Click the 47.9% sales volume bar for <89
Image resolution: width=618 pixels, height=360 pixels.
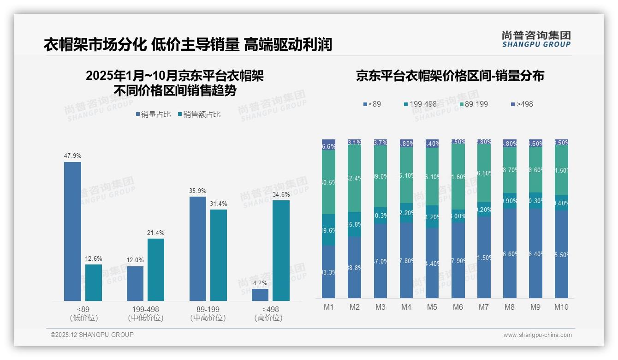tap(72, 231)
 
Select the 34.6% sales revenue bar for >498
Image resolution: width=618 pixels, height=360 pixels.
tap(281, 250)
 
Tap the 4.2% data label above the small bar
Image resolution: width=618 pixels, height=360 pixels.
tap(260, 283)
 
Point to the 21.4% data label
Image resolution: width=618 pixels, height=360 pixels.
tap(156, 233)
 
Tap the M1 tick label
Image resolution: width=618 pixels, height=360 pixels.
tap(328, 307)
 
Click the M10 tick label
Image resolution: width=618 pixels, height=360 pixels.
tap(561, 307)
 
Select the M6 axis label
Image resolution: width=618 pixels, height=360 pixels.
tap(458, 307)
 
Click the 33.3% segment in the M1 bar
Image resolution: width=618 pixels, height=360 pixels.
tap(328, 272)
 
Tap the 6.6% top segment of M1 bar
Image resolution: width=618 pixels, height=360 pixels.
tap(328, 145)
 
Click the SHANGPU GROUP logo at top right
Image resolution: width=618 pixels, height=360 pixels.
tap(536, 39)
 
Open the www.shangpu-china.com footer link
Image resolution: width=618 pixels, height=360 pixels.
tap(537, 335)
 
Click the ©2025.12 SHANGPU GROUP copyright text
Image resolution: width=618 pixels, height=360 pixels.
tap(92, 335)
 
